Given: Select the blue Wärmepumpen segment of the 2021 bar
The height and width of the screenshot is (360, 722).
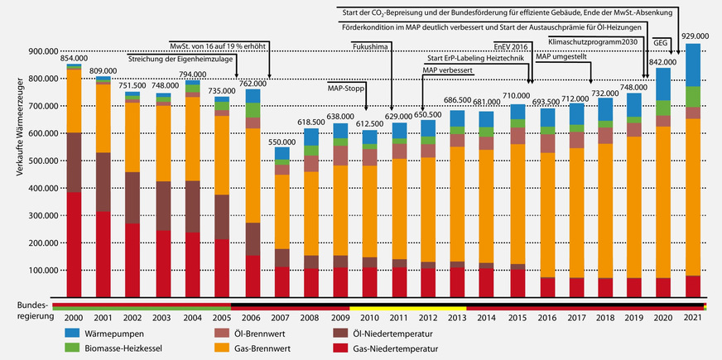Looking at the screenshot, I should tap(694, 65).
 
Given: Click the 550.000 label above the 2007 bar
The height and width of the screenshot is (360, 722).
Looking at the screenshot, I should tap(282, 143).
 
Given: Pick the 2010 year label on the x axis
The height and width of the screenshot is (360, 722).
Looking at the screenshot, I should tap(369, 317).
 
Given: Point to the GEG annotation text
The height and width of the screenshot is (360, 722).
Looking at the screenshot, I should tap(661, 41).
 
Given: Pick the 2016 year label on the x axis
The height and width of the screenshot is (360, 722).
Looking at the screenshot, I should tap(547, 317).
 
